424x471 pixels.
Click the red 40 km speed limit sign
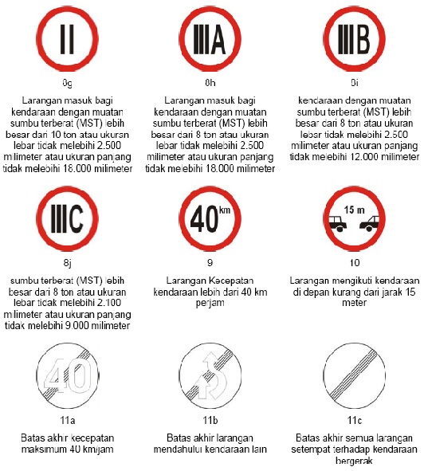[210, 221]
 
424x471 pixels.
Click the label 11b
[210, 420]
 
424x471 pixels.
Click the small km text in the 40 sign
[227, 210]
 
